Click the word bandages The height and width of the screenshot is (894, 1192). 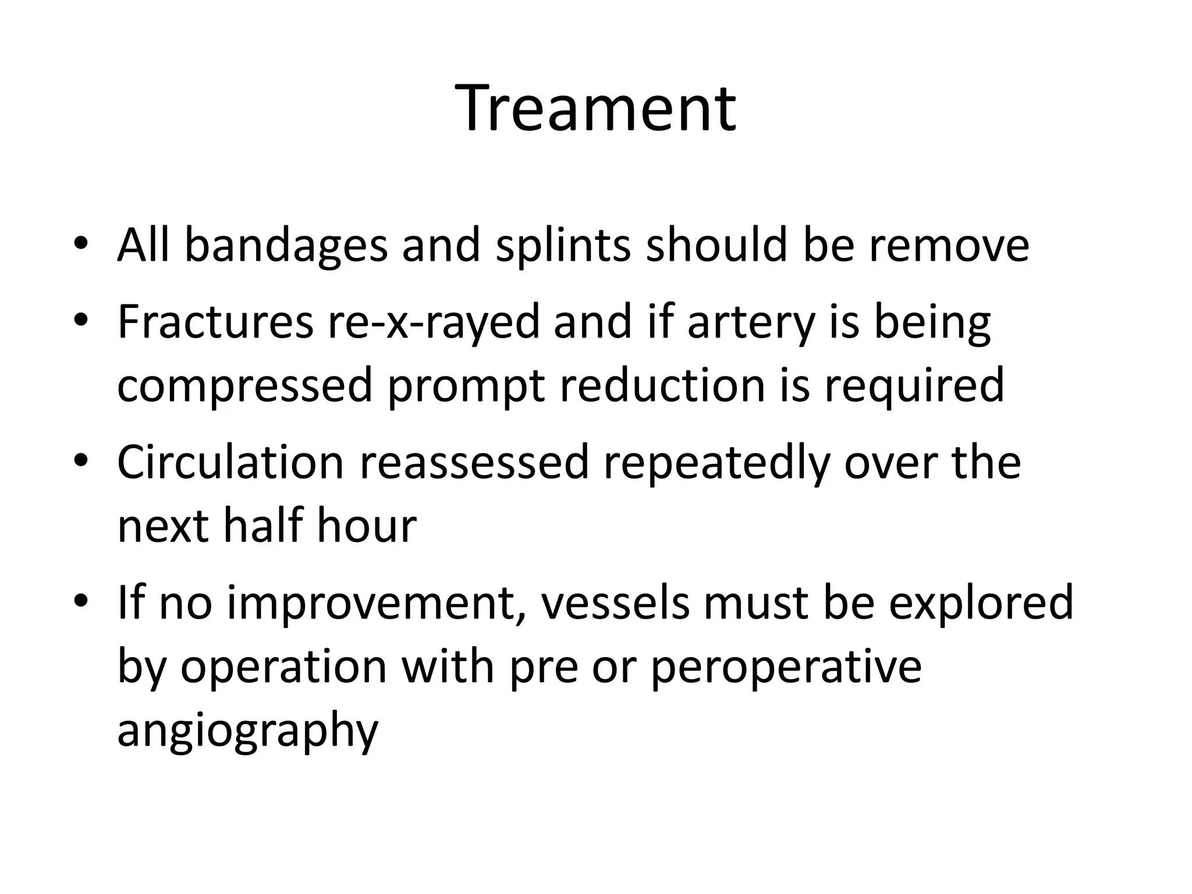pyautogui.click(x=286, y=246)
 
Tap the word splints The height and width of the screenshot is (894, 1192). pyautogui.click(x=563, y=246)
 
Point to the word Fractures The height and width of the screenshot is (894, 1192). pyautogui.click(x=215, y=321)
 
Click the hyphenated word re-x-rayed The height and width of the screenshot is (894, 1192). pyautogui.click(x=434, y=322)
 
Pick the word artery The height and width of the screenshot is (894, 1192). pyautogui.click(x=751, y=322)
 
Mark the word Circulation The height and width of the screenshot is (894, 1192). pyautogui.click(x=230, y=462)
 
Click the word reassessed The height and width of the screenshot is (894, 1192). pyautogui.click(x=474, y=462)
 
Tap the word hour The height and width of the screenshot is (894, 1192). pyautogui.click(x=367, y=526)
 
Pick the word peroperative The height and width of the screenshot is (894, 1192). pyautogui.click(x=786, y=668)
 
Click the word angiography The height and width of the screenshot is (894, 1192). pyautogui.click(x=248, y=732)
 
